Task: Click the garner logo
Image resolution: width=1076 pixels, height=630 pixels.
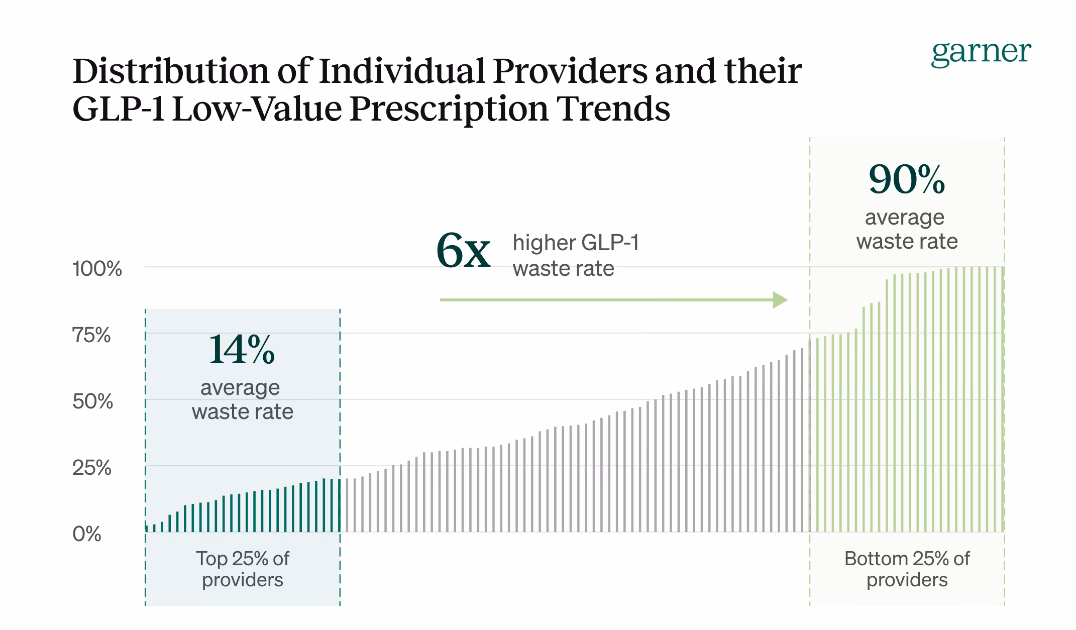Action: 981,52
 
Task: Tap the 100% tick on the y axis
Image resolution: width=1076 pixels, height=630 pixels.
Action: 97,269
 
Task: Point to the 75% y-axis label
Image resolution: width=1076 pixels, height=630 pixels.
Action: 91,335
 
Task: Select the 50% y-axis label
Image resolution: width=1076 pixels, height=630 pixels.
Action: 92,401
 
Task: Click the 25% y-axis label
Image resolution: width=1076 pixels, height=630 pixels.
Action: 91,468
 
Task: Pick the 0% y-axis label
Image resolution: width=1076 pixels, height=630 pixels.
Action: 86,534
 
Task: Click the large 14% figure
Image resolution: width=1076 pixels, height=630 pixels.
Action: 242,350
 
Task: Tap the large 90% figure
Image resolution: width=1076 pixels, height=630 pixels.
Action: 907,179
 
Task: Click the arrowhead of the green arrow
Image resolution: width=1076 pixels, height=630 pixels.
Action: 780,300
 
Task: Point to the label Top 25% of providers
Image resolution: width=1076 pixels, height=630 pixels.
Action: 243,569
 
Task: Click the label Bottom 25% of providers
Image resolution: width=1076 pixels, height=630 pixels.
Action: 907,569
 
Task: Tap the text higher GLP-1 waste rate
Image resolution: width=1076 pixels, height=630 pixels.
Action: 575,255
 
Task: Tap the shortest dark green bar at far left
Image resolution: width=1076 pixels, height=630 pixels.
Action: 147,529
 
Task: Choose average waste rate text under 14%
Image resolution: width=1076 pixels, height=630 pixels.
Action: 242,400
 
